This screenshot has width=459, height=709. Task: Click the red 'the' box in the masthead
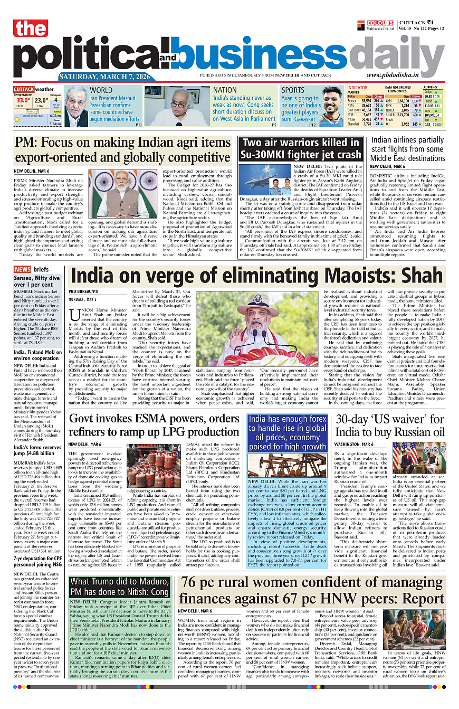[x=31, y=28]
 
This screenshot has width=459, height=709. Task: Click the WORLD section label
[x=101, y=90]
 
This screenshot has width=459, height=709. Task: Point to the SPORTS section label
[x=293, y=90]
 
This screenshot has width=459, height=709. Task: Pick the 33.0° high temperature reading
[x=23, y=100]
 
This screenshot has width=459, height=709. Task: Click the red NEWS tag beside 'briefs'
[x=23, y=270]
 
